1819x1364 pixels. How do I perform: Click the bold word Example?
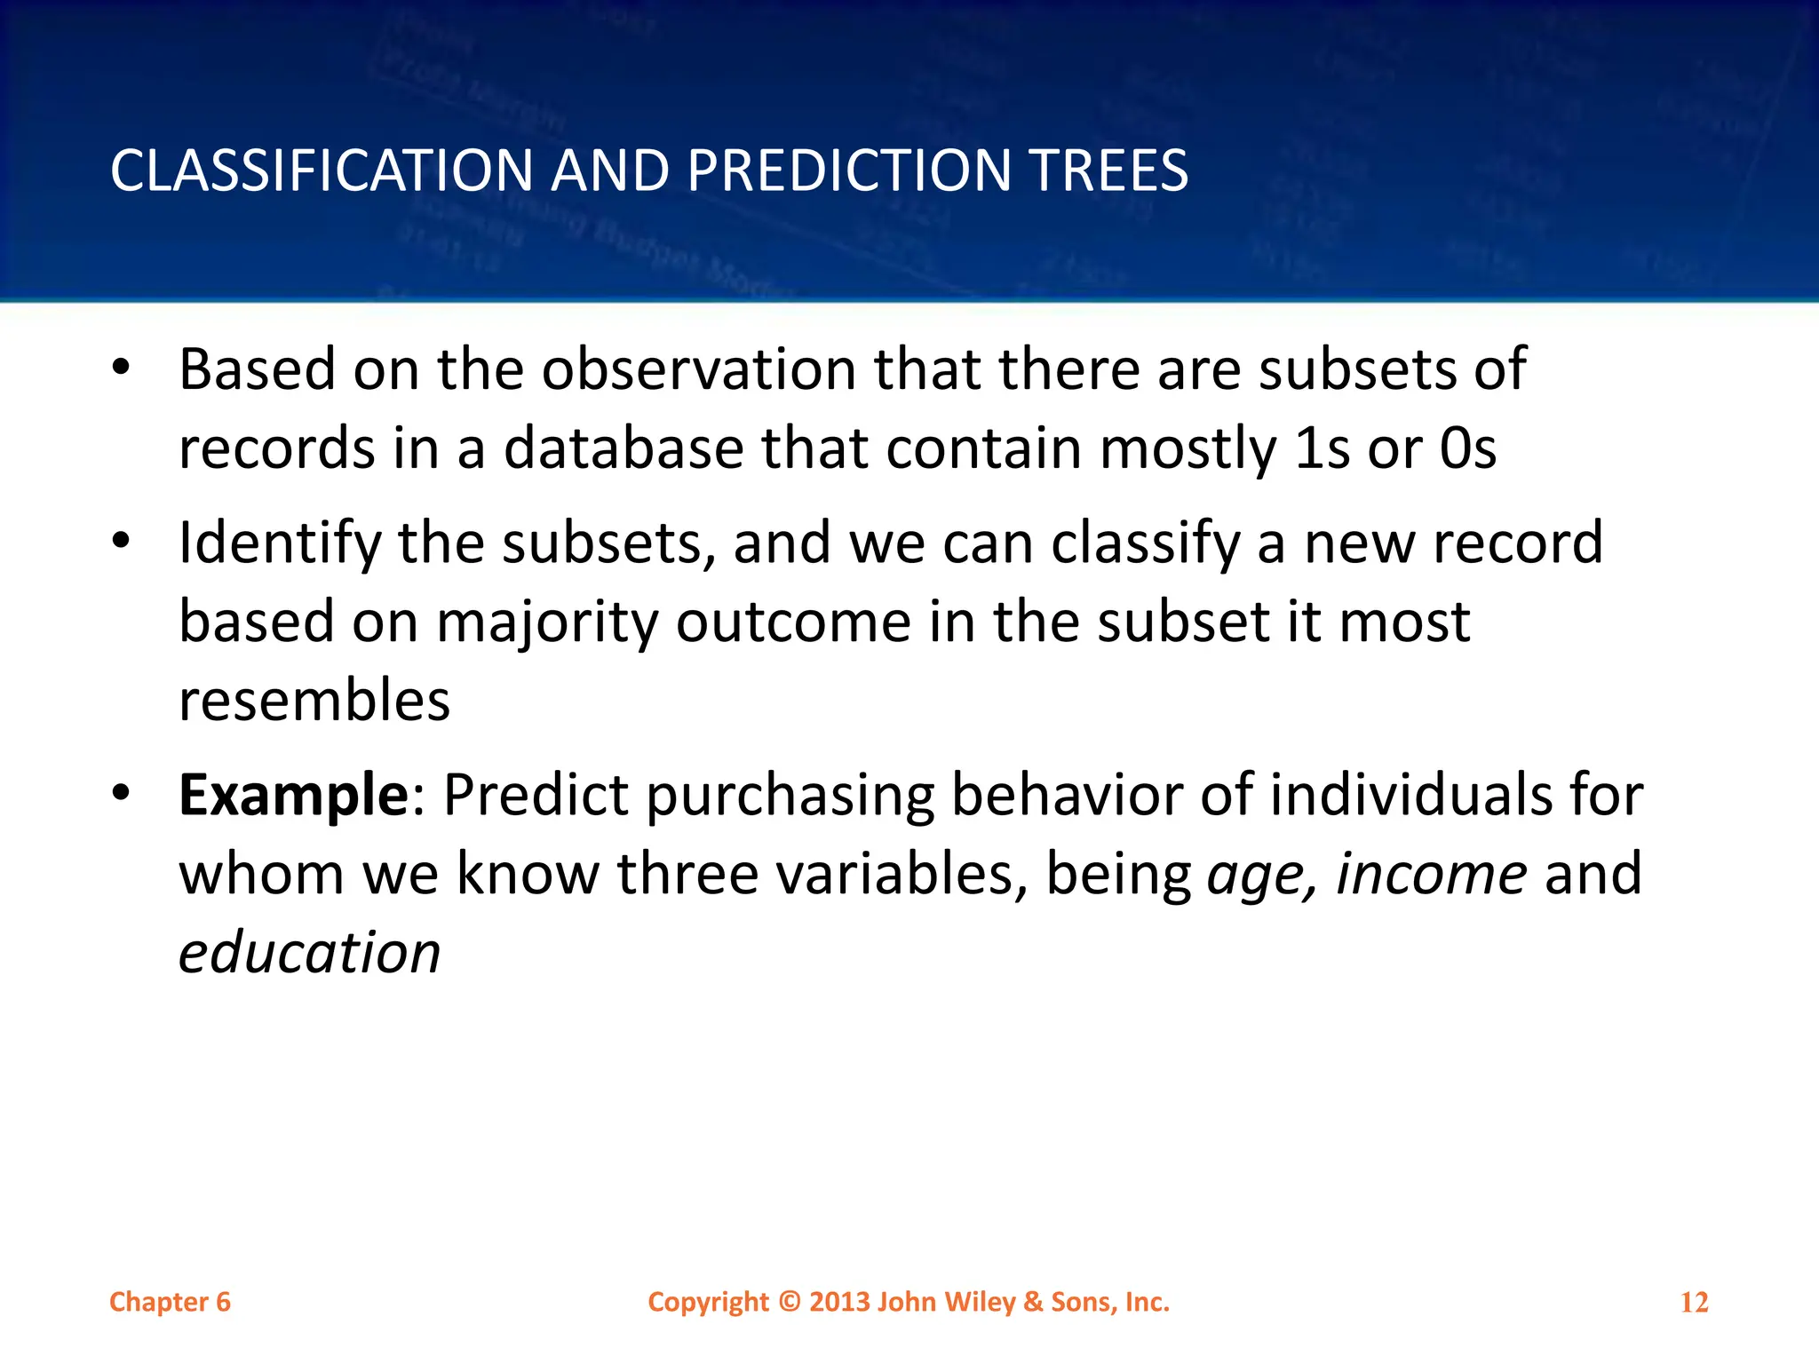click(293, 795)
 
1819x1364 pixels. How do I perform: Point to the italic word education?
click(309, 953)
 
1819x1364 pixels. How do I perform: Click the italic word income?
click(1431, 874)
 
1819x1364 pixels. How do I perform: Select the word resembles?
click(314, 701)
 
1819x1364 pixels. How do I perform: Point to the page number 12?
click(1694, 1303)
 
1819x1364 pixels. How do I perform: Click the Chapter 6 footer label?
click(170, 1302)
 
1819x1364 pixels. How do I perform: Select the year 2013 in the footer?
click(839, 1302)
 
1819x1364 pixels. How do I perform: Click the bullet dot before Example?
click(122, 790)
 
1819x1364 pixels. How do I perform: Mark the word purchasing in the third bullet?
click(790, 797)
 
